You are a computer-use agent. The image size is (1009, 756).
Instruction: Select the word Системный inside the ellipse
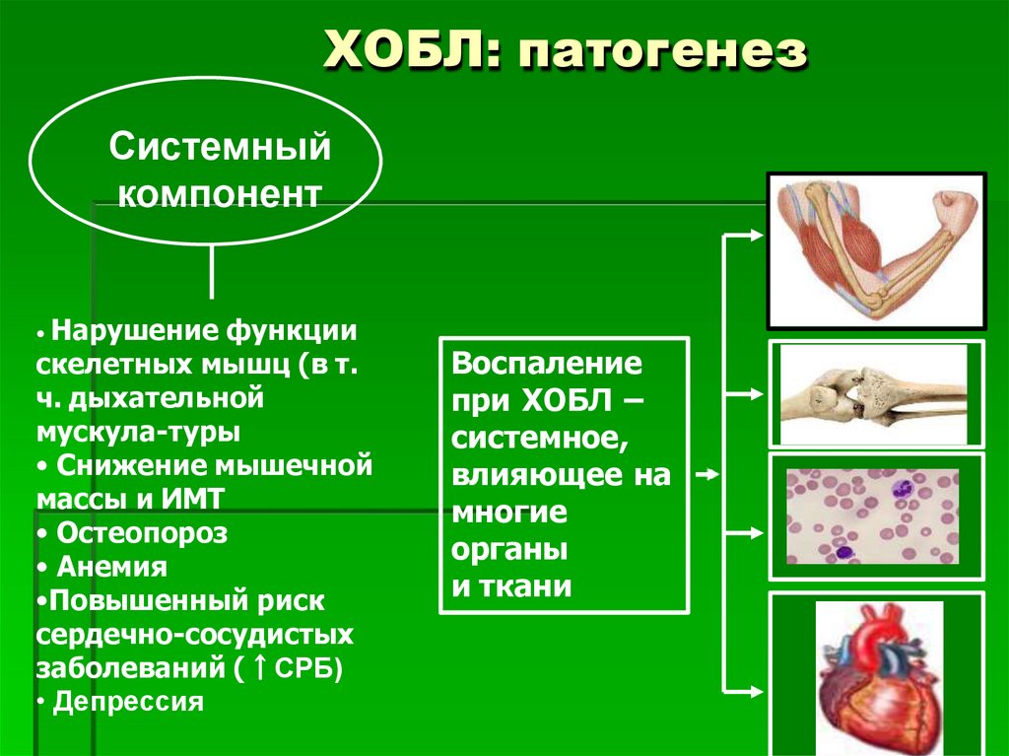tap(219, 150)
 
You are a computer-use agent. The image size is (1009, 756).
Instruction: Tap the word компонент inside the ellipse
tap(219, 192)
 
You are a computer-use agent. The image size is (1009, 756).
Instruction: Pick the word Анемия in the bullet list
tap(111, 567)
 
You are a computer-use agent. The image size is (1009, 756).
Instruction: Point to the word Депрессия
tap(128, 702)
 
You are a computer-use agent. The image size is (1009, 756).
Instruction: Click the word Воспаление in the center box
tap(548, 363)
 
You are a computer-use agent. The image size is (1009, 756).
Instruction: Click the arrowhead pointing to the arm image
tap(754, 236)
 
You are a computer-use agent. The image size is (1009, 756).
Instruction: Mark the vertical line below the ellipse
tap(211, 270)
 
